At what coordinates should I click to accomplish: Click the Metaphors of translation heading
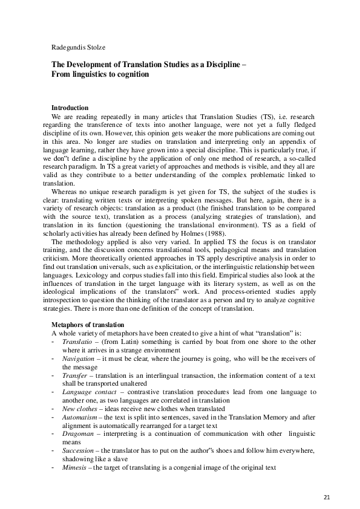point(88,325)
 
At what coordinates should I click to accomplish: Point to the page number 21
point(327,497)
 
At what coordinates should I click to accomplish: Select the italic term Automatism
point(80,417)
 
